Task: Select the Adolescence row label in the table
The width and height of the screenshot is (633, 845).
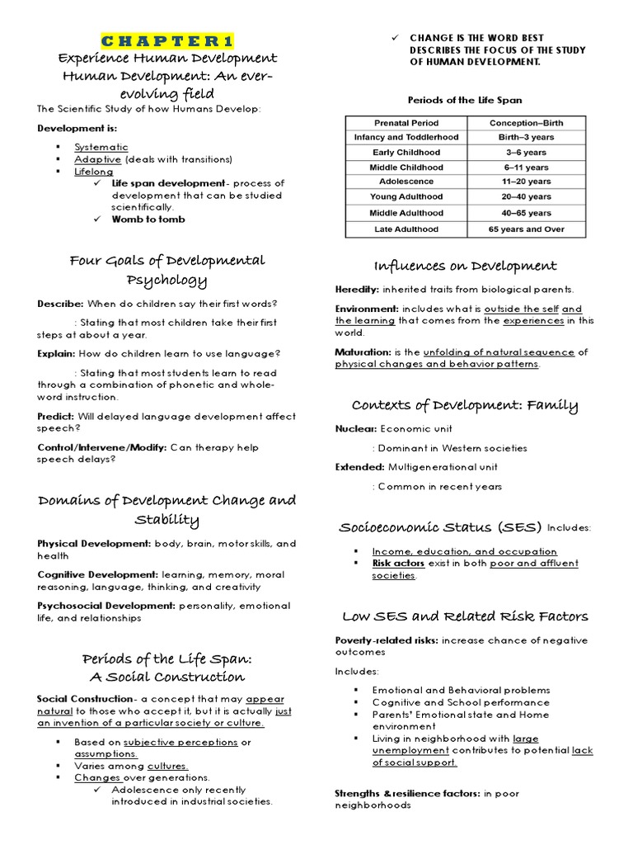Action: [x=406, y=182]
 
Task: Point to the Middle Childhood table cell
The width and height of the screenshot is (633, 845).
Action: [x=406, y=167]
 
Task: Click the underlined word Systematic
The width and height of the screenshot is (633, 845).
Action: [x=101, y=147]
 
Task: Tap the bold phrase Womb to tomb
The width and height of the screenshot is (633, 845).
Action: [x=148, y=220]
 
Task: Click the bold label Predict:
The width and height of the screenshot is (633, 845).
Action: [x=56, y=417]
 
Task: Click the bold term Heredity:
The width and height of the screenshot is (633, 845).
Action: [x=357, y=289]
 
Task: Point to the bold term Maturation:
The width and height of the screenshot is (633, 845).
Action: [x=363, y=352]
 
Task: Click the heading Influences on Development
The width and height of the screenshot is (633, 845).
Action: [x=465, y=266]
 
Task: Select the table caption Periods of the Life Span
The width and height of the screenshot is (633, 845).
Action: [x=464, y=100]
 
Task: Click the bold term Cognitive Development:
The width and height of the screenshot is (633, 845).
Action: [x=98, y=574]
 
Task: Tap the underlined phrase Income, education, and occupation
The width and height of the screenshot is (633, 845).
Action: [x=464, y=551]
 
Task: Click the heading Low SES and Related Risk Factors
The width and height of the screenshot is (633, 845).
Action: [x=465, y=616]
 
